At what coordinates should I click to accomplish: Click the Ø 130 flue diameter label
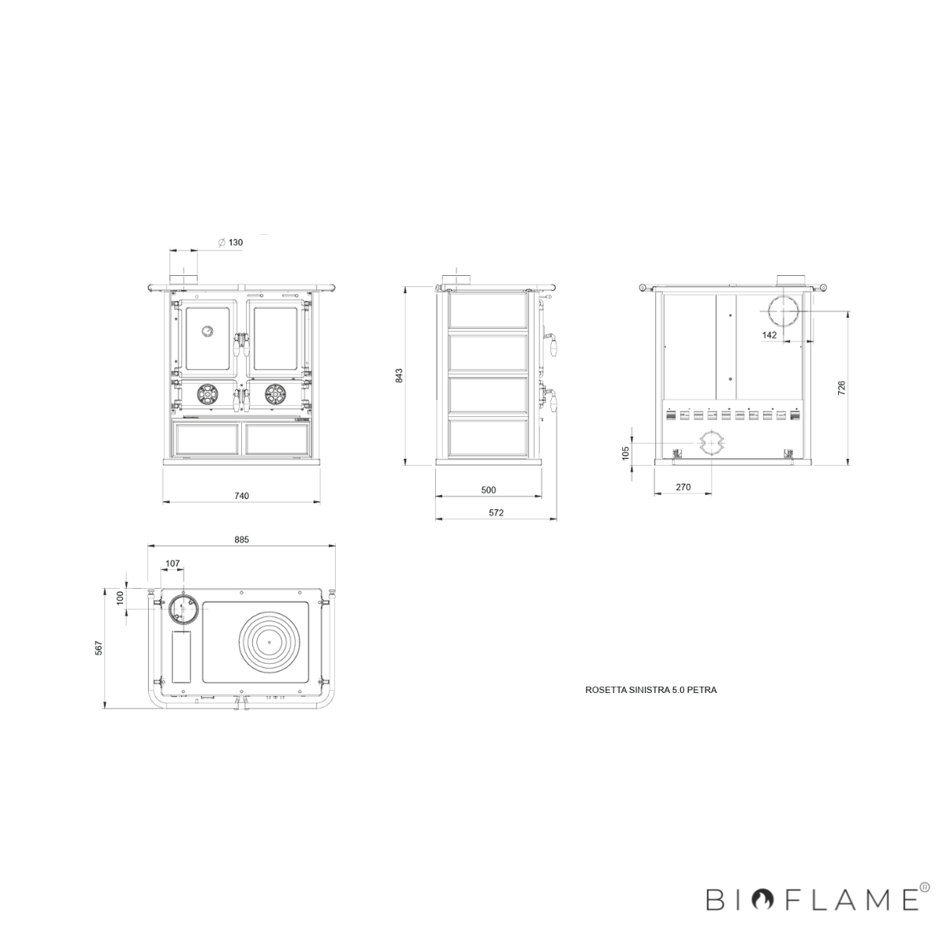coord(230,243)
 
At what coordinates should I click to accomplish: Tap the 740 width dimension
coord(241,496)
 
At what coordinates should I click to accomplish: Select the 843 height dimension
coord(399,375)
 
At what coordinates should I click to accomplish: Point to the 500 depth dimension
coord(489,490)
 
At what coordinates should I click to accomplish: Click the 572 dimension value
coord(497,512)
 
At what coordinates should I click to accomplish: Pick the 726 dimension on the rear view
coord(841,388)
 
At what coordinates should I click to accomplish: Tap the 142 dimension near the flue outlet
coord(769,335)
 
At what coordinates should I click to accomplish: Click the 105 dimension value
coord(625,453)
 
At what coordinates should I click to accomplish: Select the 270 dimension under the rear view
coord(683,487)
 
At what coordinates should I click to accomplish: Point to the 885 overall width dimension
coord(241,539)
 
